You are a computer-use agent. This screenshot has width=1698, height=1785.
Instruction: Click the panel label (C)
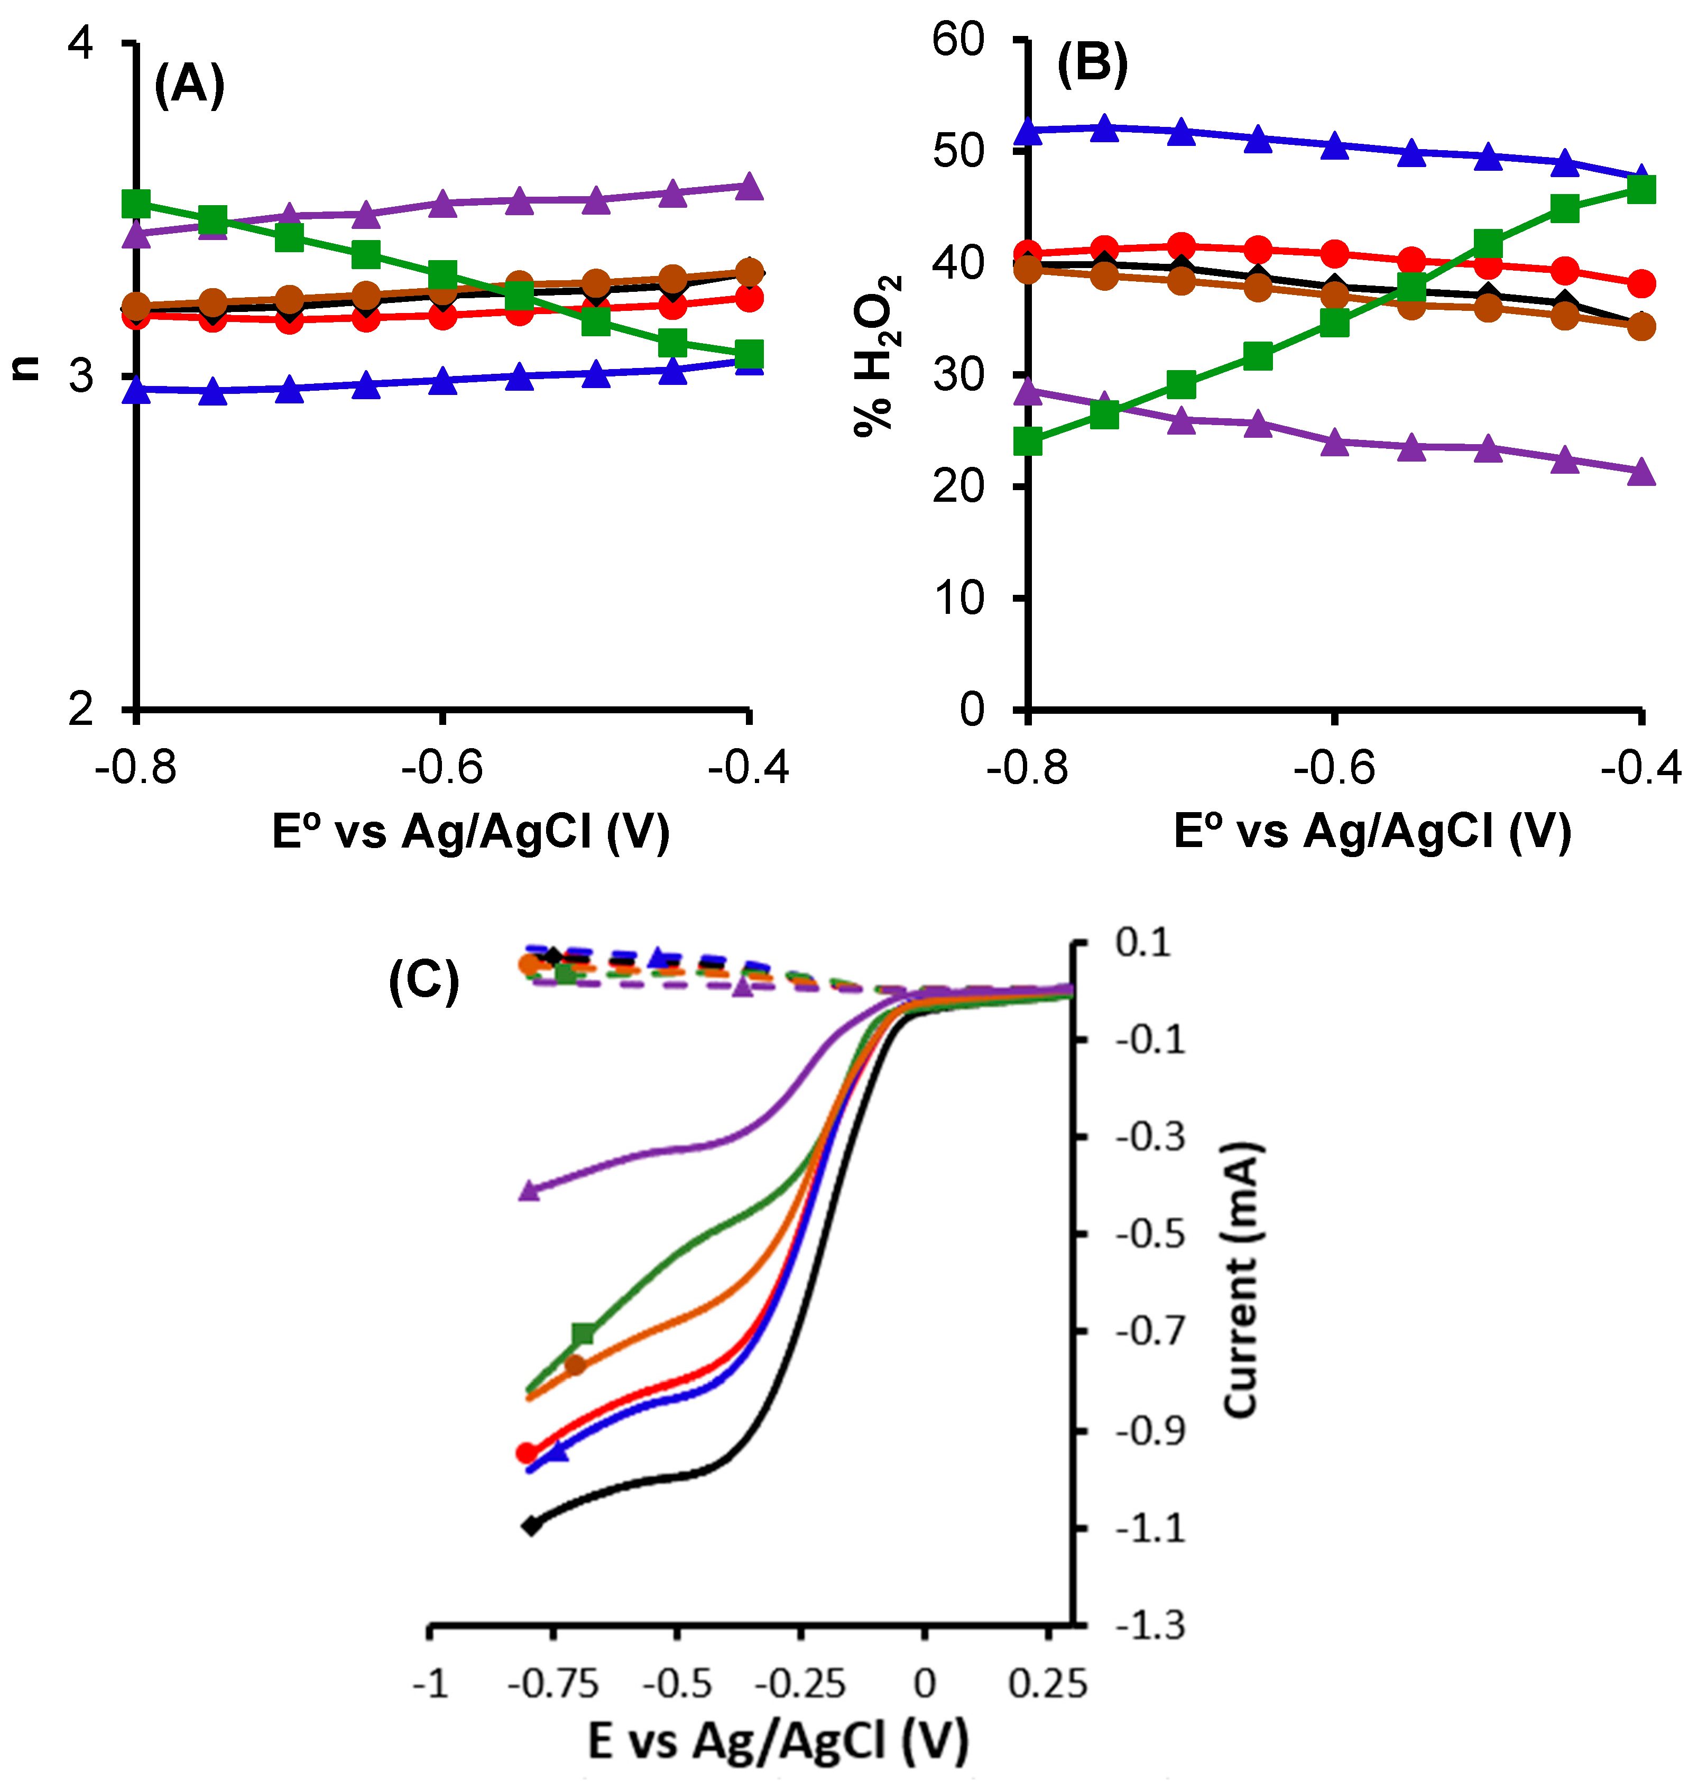coord(423,981)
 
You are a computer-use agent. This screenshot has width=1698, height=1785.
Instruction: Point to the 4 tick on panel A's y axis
coord(81,42)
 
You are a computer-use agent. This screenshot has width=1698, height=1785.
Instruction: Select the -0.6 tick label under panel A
coord(442,768)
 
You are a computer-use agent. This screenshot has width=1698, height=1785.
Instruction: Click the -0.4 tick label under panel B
coord(1640,768)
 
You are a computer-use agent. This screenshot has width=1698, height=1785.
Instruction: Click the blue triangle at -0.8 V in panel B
coord(1028,132)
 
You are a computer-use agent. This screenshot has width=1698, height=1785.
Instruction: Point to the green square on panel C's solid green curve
coord(584,1333)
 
